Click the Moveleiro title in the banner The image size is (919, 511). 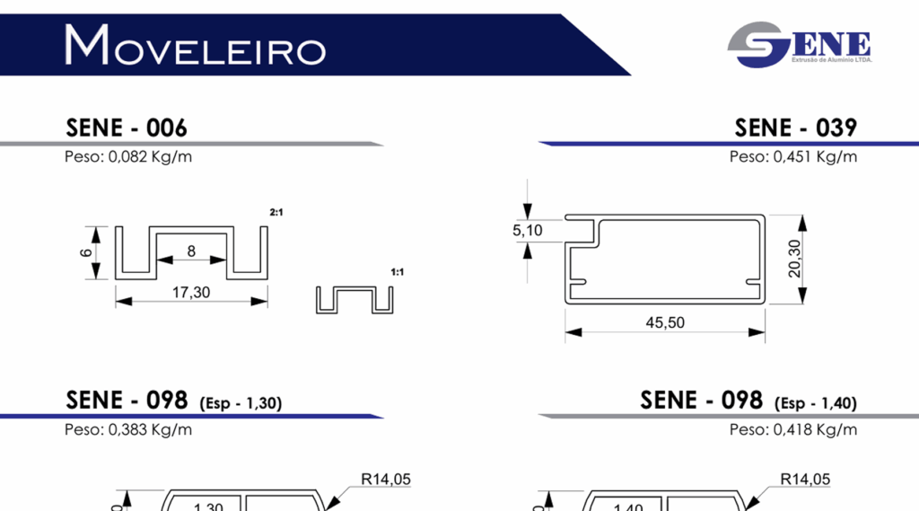click(195, 45)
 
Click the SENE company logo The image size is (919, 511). click(800, 45)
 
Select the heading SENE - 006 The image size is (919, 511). click(127, 128)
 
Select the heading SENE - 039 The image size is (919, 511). click(795, 128)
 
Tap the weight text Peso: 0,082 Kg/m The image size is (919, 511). click(128, 157)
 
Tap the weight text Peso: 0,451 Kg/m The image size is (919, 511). click(793, 157)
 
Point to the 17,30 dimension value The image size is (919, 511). click(190, 292)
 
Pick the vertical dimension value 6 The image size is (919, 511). click(86, 253)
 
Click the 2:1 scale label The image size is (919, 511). click(276, 212)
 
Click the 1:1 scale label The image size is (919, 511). click(398, 271)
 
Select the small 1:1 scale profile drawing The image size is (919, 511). click(355, 300)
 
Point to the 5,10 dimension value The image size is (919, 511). click(528, 231)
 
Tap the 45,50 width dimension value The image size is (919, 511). click(664, 322)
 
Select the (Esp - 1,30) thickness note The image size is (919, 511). click(241, 403)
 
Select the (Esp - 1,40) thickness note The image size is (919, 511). click(816, 403)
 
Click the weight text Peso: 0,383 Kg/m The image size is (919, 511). click(128, 429)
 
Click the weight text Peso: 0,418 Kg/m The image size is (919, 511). click(793, 429)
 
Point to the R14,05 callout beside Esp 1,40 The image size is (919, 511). click(805, 480)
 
